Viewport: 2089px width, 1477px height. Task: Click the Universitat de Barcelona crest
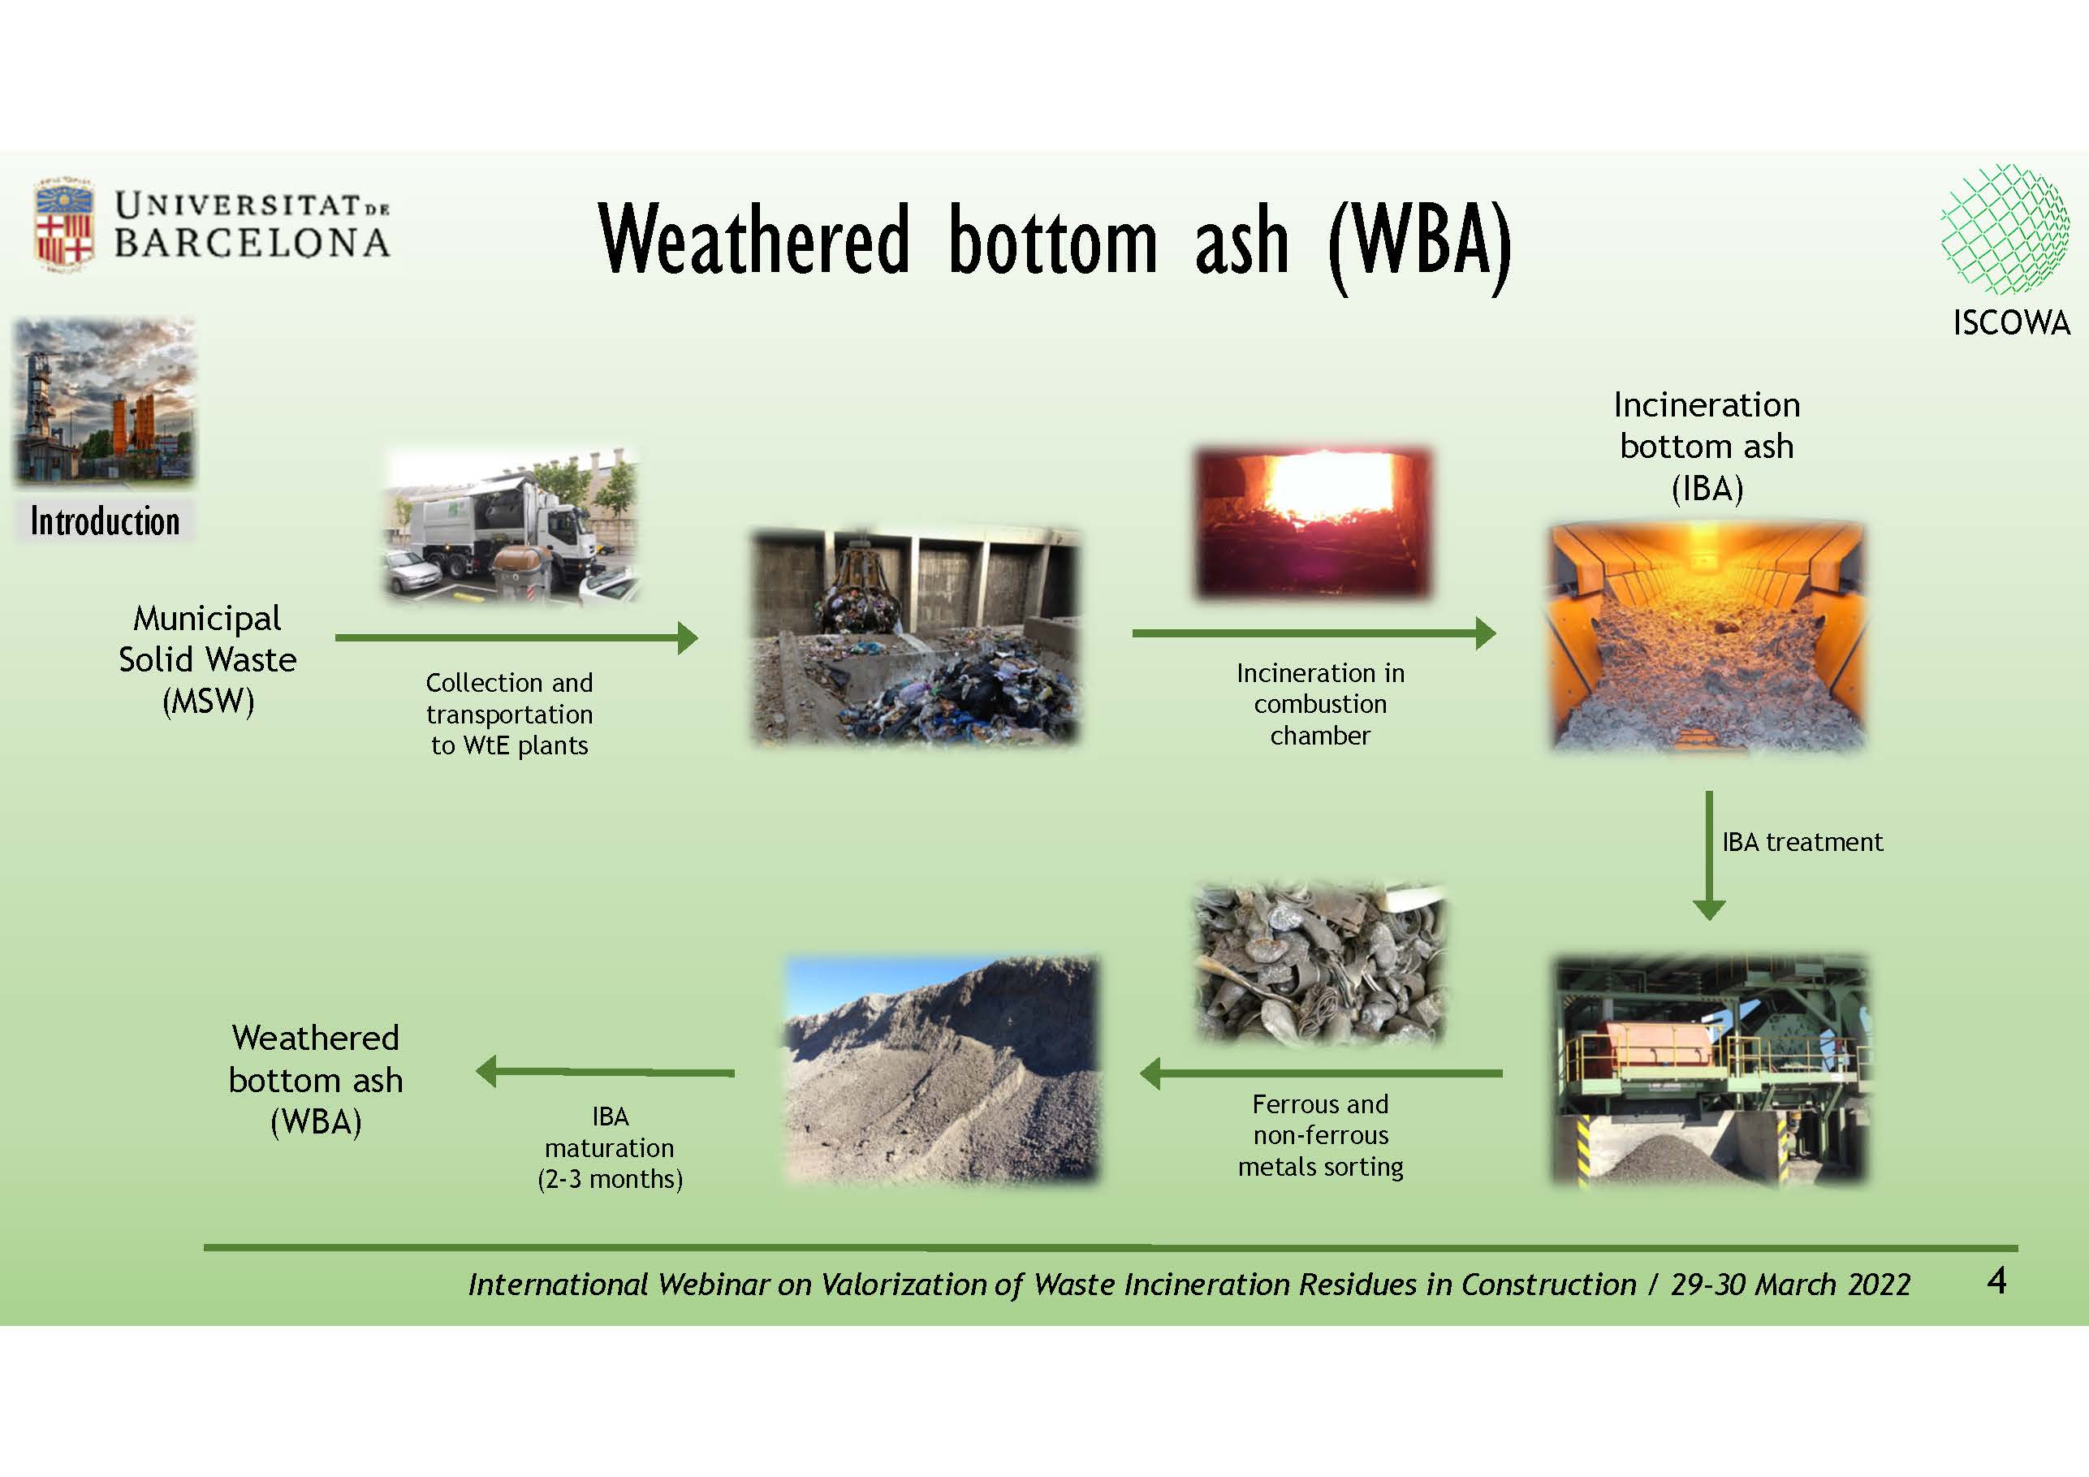click(x=63, y=224)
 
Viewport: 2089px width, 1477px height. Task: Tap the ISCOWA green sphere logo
click(x=2005, y=228)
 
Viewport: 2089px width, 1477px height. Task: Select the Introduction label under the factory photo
click(x=105, y=521)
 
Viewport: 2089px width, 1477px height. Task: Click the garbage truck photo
click(x=512, y=525)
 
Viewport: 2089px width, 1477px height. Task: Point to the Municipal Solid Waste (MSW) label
click(x=208, y=660)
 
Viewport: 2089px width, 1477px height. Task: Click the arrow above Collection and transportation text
click(x=517, y=638)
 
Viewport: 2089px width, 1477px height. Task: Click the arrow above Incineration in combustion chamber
click(x=1314, y=633)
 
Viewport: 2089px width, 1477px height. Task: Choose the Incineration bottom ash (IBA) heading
click(x=1707, y=447)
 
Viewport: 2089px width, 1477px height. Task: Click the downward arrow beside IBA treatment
click(x=1709, y=856)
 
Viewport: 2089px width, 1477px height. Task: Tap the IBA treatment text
click(x=1802, y=842)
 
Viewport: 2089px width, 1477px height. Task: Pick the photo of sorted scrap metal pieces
click(x=1320, y=963)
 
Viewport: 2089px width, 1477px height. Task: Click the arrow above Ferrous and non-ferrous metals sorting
click(x=1321, y=1073)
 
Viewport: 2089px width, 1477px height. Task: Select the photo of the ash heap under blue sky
click(x=942, y=1069)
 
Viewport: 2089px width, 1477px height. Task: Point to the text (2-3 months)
click(x=610, y=1180)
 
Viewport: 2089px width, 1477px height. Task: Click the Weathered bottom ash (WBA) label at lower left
click(x=316, y=1079)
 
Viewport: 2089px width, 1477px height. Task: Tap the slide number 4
click(x=1996, y=1280)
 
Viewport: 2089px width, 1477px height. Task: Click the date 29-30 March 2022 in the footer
click(x=1790, y=1284)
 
